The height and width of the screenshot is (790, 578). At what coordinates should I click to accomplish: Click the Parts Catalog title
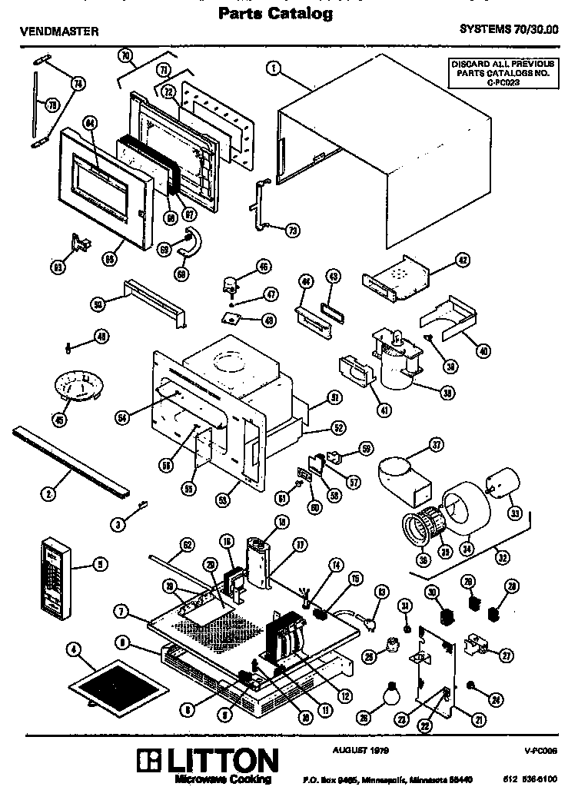pos(275,13)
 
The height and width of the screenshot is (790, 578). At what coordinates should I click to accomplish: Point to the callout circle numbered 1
pos(272,68)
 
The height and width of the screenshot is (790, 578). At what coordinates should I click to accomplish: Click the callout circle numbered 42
pos(462,260)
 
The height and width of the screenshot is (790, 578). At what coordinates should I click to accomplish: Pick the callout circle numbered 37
pos(436,445)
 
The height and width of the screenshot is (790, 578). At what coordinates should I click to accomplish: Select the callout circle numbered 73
pos(294,230)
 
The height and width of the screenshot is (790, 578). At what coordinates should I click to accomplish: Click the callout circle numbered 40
pos(483,351)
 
